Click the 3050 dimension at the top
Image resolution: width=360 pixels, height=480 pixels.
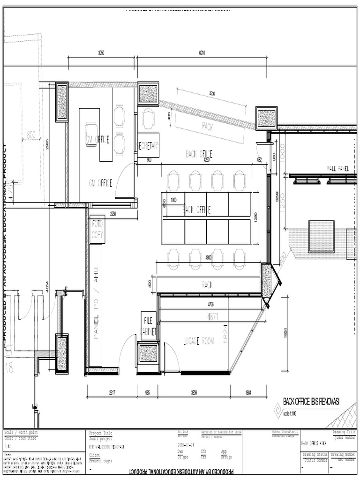[101, 53]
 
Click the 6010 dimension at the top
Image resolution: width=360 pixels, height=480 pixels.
[202, 53]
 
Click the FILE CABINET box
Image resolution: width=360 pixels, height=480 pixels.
[149, 326]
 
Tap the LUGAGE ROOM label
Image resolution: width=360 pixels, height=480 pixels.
[199, 342]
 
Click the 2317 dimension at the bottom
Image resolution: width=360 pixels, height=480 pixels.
[112, 392]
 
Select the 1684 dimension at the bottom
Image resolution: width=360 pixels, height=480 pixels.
[248, 392]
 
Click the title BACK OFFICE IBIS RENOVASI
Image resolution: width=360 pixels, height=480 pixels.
[311, 401]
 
